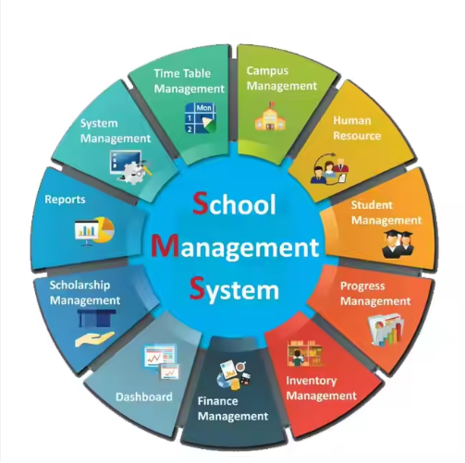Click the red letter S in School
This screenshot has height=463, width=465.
201,202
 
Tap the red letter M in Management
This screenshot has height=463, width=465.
165,245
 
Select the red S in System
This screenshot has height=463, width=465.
197,288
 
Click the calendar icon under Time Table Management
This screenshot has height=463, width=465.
201,118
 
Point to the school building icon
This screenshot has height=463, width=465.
270,116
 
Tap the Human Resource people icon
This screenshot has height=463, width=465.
330,168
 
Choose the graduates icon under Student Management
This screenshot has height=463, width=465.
398,245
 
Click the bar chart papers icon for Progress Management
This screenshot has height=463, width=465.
385,329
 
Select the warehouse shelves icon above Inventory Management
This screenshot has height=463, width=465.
305,353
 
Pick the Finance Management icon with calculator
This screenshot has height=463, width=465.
234,374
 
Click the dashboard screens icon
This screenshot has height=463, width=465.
161,361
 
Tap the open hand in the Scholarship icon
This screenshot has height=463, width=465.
94,339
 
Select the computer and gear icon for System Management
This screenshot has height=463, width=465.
130,167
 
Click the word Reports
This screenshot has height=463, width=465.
65,200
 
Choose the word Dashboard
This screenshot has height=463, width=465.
144,396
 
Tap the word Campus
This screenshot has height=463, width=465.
267,71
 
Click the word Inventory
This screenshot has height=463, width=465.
312,381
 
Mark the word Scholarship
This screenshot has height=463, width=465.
80,286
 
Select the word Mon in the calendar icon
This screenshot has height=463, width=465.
204,108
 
